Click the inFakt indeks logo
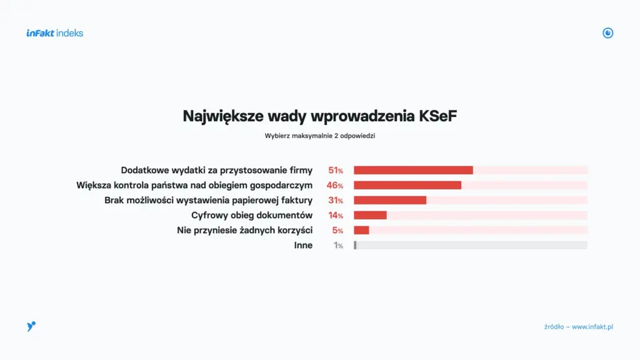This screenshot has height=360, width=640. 55,33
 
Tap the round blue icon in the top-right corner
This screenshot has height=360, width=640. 607,33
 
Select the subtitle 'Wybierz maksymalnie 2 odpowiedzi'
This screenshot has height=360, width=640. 319,135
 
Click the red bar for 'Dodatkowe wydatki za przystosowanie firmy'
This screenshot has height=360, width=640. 413,170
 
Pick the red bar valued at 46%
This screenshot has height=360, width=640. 407,185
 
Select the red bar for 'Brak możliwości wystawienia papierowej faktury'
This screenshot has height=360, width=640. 390,201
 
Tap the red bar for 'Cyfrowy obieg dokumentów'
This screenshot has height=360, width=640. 370,216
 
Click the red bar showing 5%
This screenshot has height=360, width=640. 361,231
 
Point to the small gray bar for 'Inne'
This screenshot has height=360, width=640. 355,246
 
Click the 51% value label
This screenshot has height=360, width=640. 336,170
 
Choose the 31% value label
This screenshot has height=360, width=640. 336,201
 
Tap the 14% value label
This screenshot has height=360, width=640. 336,216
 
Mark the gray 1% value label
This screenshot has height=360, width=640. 338,246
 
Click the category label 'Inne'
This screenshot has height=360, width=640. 303,246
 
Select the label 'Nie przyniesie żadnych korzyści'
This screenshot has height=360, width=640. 244,231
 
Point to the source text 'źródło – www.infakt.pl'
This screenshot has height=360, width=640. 578,327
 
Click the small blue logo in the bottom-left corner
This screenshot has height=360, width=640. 31,326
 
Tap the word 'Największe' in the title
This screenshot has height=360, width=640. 222,116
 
